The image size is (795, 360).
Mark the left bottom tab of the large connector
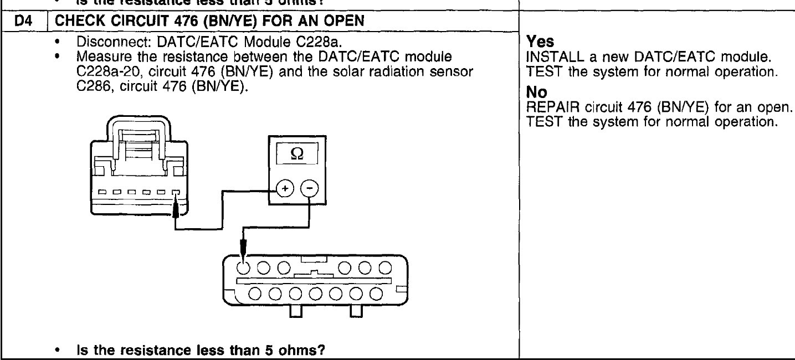[x=294, y=313]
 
